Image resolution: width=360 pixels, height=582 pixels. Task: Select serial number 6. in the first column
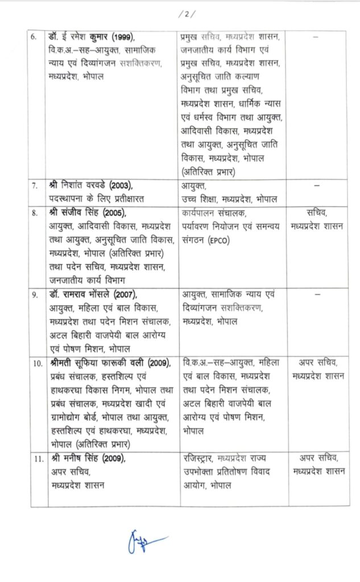tap(34, 37)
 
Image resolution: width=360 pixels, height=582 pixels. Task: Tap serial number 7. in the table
tap(34, 186)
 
